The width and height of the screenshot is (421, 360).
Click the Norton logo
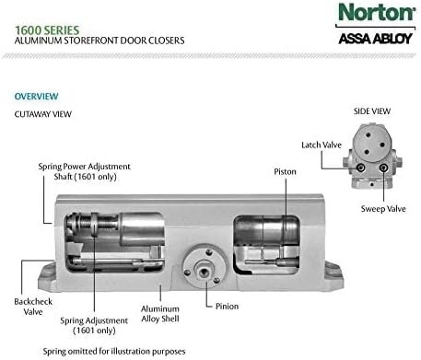point(377,12)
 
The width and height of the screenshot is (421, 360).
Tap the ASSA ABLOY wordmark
point(375,39)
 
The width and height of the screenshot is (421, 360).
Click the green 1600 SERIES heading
point(47,30)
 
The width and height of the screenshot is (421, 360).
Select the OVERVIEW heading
point(36,96)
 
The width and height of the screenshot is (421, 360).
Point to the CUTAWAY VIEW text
point(43,114)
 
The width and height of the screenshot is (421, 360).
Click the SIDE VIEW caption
point(372,111)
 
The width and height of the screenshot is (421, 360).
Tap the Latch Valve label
point(322,145)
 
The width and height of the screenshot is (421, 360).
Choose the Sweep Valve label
point(383,209)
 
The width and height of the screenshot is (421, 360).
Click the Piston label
point(285,171)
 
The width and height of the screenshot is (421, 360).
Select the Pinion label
point(227,307)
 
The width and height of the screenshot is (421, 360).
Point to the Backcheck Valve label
point(33,307)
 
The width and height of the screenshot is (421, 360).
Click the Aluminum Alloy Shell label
point(160,314)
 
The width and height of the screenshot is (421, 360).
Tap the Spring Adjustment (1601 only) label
point(94,325)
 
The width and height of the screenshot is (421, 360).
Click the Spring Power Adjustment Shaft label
point(85,171)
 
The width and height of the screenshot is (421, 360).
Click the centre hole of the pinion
point(203,272)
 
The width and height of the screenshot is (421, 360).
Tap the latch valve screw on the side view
point(360,168)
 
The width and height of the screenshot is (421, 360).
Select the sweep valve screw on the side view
point(383,168)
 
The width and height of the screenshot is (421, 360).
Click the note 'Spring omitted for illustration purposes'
point(114,352)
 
